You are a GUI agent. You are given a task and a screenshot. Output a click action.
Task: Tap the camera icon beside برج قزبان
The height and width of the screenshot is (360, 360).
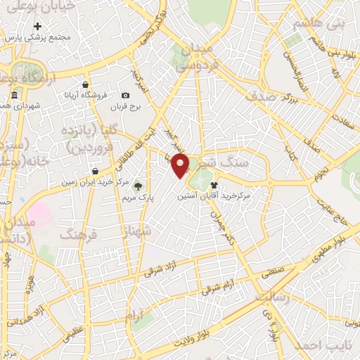tap(125, 96)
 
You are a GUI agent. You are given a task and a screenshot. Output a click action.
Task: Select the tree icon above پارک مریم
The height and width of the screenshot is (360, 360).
tap(138, 186)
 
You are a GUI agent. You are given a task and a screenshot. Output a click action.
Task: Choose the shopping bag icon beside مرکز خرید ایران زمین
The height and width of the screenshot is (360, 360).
tap(95, 171)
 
